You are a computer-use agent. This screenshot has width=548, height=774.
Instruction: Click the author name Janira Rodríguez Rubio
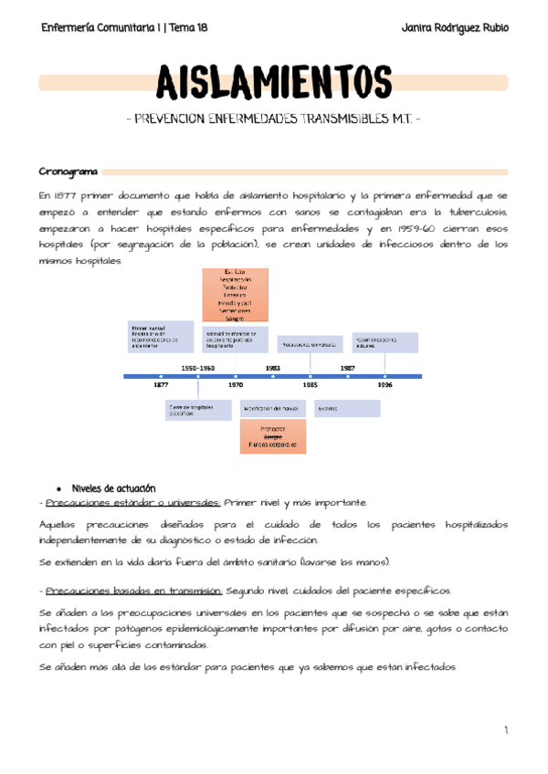click(454, 28)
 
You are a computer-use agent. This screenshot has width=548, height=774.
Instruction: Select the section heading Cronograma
click(68, 172)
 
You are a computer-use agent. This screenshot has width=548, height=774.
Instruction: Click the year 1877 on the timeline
click(161, 385)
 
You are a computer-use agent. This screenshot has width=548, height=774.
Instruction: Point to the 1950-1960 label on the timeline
click(198, 367)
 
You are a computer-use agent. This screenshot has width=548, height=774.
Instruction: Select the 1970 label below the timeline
click(236, 385)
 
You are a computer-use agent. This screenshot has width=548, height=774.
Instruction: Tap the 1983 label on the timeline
click(273, 367)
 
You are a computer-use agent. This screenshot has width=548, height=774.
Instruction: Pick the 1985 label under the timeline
click(311, 385)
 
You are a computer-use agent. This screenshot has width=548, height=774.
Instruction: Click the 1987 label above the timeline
click(348, 367)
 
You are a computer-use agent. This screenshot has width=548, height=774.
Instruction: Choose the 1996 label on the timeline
click(385, 385)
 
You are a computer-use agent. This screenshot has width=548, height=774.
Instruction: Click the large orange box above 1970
click(234, 294)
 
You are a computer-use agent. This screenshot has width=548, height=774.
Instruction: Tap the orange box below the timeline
click(272, 437)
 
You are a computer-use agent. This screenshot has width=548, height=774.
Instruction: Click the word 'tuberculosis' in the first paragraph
click(475, 212)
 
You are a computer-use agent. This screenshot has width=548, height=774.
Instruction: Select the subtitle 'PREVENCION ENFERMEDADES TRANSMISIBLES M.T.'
click(273, 120)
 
